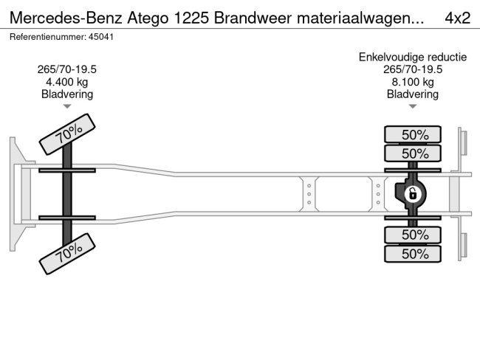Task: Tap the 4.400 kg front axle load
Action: pos(66,82)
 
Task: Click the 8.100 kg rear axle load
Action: pos(413,82)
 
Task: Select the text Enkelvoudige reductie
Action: pos(413,57)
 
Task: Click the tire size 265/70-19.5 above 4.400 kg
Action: pos(66,69)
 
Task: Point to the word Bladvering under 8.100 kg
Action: pos(413,94)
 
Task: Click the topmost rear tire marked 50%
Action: pos(414,134)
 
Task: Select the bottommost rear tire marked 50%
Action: pos(414,254)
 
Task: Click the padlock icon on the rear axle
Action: pos(413,194)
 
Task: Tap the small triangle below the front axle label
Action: pos(66,106)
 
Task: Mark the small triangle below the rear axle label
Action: pos(413,106)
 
